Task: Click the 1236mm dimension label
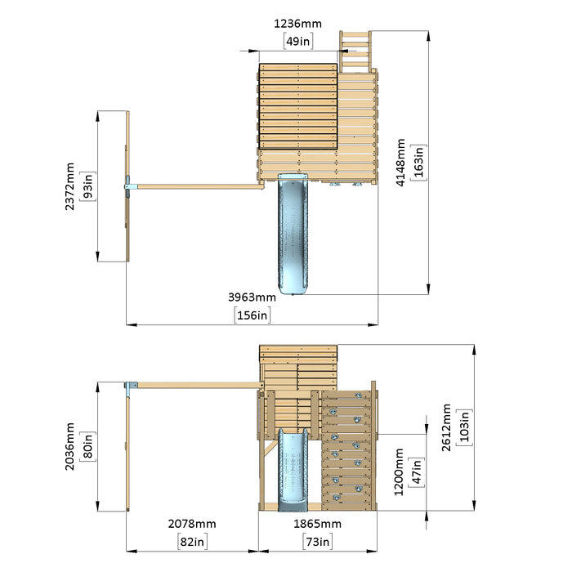[x=297, y=24]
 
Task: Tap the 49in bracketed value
[x=298, y=41]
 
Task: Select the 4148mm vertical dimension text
[x=400, y=163]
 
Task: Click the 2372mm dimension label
[x=69, y=186]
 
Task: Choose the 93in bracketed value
[x=88, y=186]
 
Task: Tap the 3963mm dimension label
[x=252, y=297]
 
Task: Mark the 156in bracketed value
[x=252, y=315]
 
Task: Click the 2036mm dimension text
[x=69, y=446]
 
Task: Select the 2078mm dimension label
[x=192, y=524]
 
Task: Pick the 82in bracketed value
[x=193, y=541]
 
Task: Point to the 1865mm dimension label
[x=317, y=524]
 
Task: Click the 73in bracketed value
[x=317, y=541]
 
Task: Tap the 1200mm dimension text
[x=399, y=472]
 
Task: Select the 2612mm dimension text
[x=446, y=427]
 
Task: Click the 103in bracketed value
[x=464, y=427]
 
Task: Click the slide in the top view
[x=293, y=235]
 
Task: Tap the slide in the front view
[x=293, y=470]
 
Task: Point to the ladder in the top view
[x=355, y=51]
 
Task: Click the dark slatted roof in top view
[x=298, y=106]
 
